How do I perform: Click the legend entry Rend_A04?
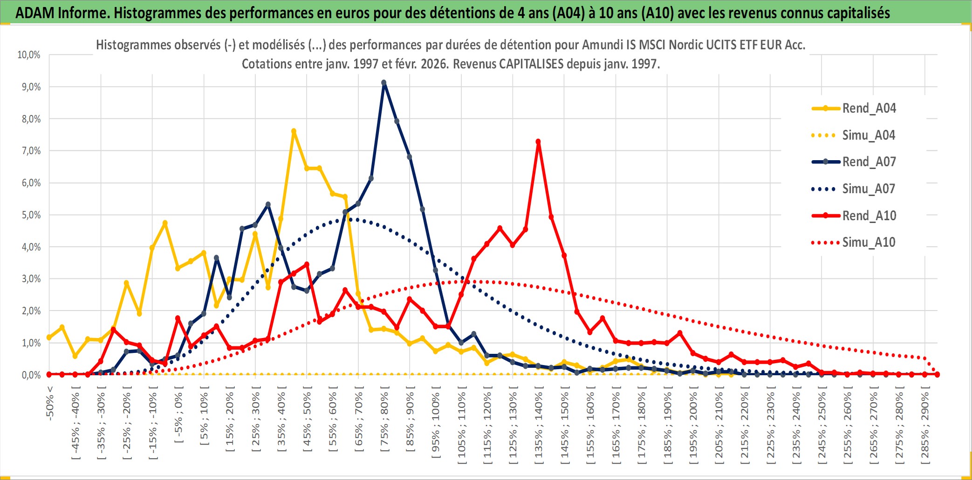tap(869, 108)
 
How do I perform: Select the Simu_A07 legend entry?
tap(869, 189)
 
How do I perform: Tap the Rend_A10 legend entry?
tap(869, 216)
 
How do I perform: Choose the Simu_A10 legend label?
tap(869, 243)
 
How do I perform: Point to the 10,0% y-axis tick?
tap(29, 55)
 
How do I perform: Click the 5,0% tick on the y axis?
tap(31, 215)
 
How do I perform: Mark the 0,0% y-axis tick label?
tap(31, 375)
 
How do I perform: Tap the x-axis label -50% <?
tap(50, 403)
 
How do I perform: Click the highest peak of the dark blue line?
tap(384, 83)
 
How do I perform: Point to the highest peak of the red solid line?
tap(538, 142)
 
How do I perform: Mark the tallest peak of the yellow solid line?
tap(294, 131)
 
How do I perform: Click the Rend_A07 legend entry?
tap(869, 162)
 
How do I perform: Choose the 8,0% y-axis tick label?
tap(31, 119)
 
